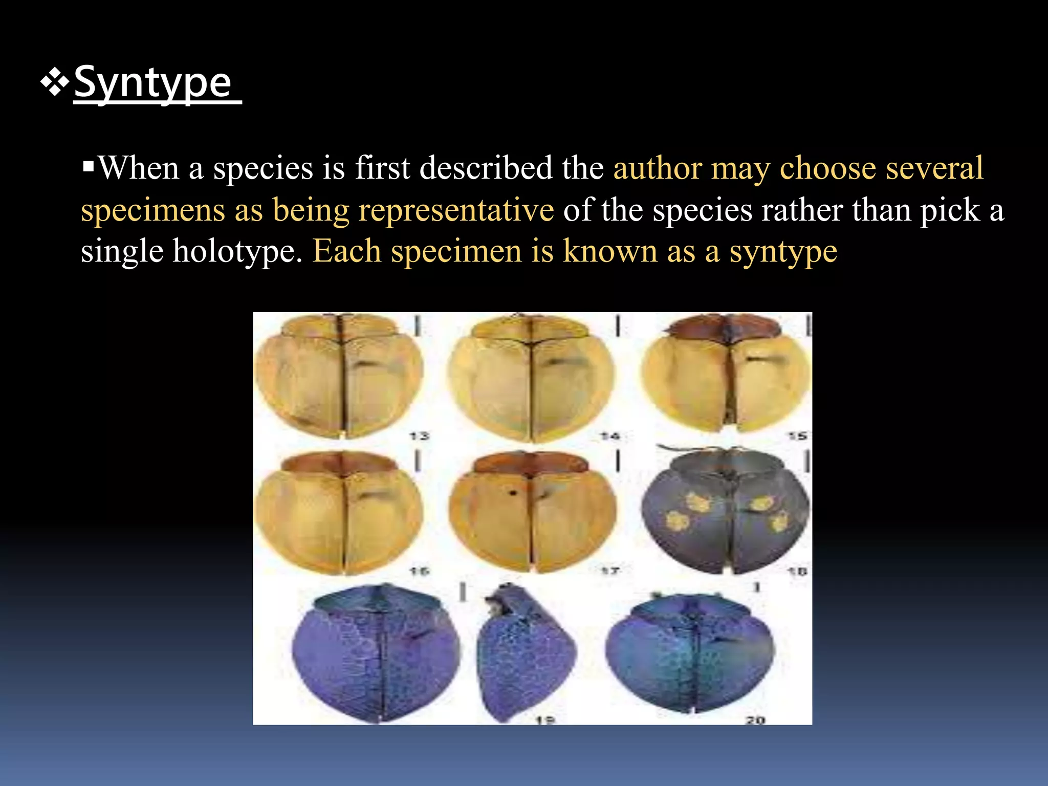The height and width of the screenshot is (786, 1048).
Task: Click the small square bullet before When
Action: click(x=89, y=166)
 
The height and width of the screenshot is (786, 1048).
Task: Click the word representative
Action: click(x=455, y=210)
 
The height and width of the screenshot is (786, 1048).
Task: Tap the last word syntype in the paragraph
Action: click(x=783, y=251)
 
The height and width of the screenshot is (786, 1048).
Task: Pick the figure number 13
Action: click(x=419, y=436)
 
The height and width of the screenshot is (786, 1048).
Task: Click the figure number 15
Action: click(x=797, y=436)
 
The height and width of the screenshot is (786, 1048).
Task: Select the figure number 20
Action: click(x=755, y=720)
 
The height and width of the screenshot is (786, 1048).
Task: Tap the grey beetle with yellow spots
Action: click(x=725, y=512)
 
